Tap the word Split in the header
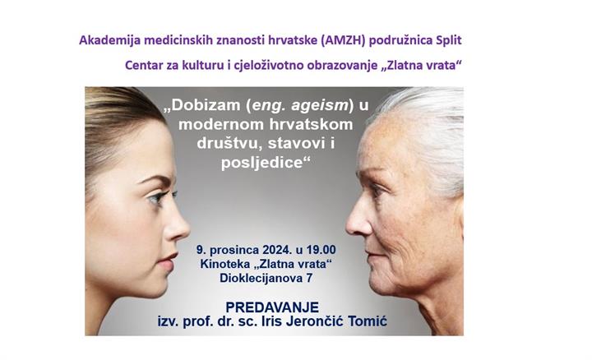point(456,39)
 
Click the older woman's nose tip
point(348,231)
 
